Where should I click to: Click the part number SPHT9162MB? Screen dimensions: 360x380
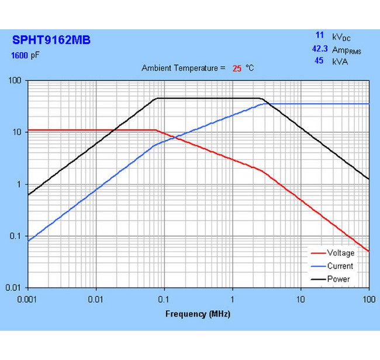pyautogui.click(x=51, y=40)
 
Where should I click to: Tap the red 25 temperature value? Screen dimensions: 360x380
pyautogui.click(x=237, y=68)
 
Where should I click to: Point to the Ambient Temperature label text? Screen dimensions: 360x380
pyautogui.click(x=184, y=68)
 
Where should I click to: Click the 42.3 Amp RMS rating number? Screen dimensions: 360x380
pyautogui.click(x=319, y=50)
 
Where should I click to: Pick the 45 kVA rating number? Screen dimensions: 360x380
pyautogui.click(x=319, y=60)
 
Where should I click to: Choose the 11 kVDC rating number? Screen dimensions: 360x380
pyautogui.click(x=320, y=36)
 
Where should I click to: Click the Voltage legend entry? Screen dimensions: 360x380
pyautogui.click(x=340, y=253)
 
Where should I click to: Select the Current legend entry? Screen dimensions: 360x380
pyautogui.click(x=340, y=266)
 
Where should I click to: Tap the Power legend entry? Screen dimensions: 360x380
pyautogui.click(x=338, y=279)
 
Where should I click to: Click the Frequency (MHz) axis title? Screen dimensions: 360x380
pyautogui.click(x=198, y=314)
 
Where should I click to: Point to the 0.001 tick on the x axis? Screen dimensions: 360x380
pyautogui.click(x=28, y=298)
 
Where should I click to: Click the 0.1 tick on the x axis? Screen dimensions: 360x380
pyautogui.click(x=164, y=298)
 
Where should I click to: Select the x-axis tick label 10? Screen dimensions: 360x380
pyautogui.click(x=300, y=298)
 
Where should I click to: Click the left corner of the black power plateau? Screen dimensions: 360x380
pyautogui.click(x=156, y=98)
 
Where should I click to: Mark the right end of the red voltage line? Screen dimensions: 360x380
pyautogui.click(x=369, y=252)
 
